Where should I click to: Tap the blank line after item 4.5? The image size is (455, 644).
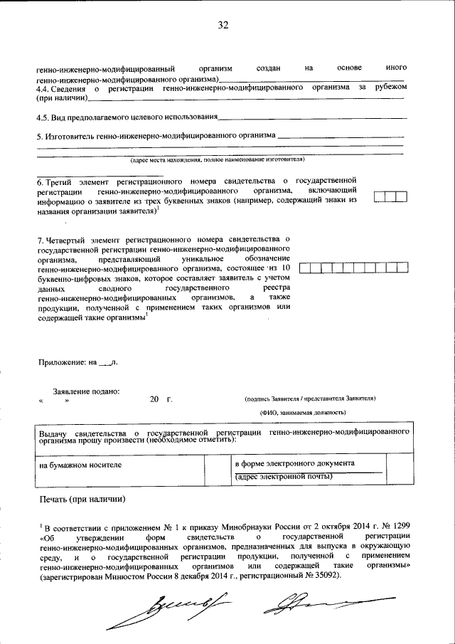(312, 117)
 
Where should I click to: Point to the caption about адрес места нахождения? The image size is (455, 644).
(221, 159)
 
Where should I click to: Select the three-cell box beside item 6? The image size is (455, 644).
(390, 197)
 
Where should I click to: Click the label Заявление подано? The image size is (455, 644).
(86, 391)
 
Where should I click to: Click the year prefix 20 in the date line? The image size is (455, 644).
(154, 401)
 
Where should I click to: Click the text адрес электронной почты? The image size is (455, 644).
(284, 476)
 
